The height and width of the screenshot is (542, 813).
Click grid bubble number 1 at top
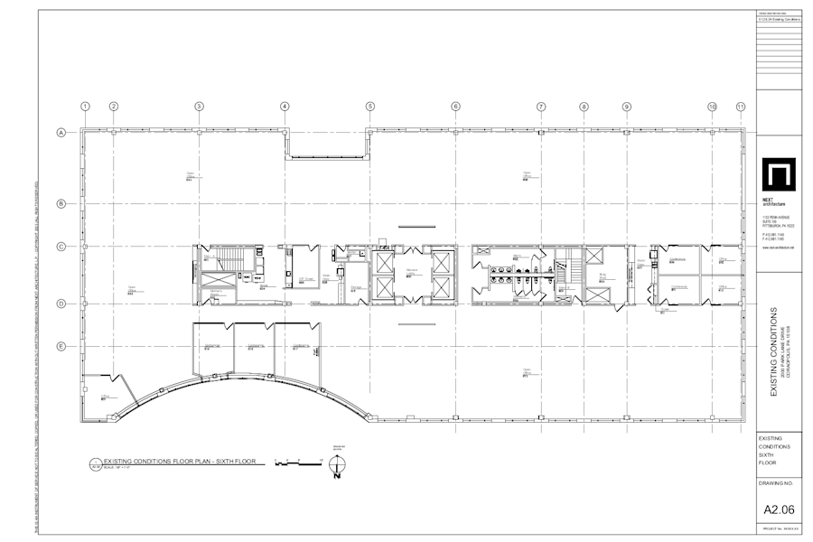click(x=85, y=107)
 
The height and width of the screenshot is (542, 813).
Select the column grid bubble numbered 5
click(x=370, y=107)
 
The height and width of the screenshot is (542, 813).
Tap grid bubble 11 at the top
click(x=741, y=107)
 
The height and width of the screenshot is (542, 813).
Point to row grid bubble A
click(x=61, y=133)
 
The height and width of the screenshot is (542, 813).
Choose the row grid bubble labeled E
click(x=61, y=346)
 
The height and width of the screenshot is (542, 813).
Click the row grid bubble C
click(x=61, y=246)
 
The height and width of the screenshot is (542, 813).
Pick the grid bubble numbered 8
click(x=584, y=107)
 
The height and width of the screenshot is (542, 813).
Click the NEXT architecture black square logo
click(x=777, y=175)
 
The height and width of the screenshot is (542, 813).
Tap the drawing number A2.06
click(x=779, y=509)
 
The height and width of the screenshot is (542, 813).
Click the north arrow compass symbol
click(x=337, y=465)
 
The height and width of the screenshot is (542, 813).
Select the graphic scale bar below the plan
click(x=298, y=463)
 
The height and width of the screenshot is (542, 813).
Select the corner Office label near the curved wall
click(x=105, y=397)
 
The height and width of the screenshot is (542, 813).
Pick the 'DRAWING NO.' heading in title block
click(x=776, y=483)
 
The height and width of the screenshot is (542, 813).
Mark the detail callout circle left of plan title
click(x=95, y=465)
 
